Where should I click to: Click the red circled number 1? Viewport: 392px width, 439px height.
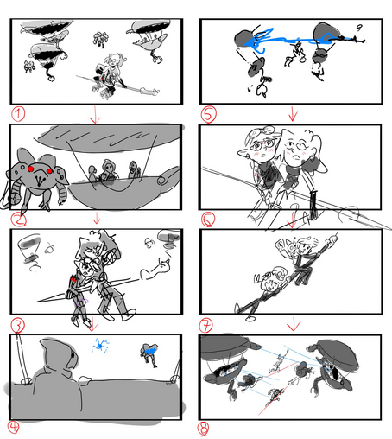[x=18, y=114]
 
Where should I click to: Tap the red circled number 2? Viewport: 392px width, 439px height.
[x=18, y=220]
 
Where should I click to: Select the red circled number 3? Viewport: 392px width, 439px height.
[x=18, y=326]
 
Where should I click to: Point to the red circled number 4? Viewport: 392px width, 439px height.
[x=13, y=427]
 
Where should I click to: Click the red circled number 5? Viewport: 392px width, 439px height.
[x=209, y=114]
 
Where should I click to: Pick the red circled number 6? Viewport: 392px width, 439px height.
[x=208, y=219]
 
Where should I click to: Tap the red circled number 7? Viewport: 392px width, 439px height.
[x=206, y=326]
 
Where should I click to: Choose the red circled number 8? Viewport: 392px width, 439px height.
[x=203, y=429]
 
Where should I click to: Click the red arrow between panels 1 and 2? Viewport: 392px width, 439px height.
[x=95, y=114]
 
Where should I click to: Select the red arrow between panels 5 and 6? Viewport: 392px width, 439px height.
[x=293, y=114]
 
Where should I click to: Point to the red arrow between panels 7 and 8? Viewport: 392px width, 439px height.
[x=294, y=324]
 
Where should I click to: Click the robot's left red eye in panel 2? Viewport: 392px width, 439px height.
[x=31, y=169]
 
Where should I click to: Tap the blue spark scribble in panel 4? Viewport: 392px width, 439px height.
[x=100, y=346]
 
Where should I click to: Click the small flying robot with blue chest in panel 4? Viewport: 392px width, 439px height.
[x=149, y=353]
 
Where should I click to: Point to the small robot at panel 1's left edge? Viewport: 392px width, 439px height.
[x=29, y=67]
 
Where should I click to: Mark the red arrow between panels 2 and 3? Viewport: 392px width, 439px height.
[x=97, y=218]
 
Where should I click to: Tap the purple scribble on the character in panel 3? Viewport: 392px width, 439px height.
[x=83, y=302]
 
